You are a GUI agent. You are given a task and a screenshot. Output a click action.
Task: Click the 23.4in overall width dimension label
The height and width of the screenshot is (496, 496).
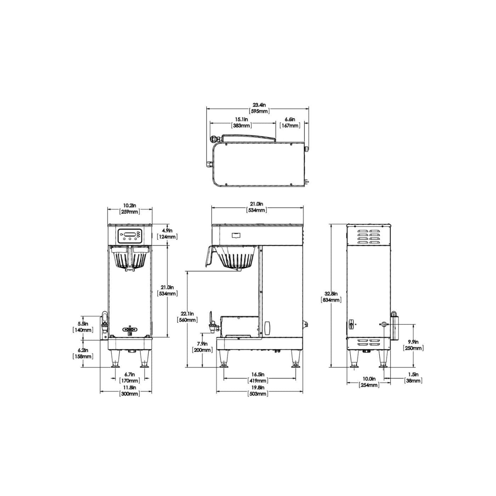(x=259, y=108)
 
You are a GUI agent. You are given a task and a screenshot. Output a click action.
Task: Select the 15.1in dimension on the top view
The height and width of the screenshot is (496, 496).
(x=241, y=123)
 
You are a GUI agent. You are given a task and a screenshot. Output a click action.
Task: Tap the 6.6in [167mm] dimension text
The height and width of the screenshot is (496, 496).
(x=290, y=123)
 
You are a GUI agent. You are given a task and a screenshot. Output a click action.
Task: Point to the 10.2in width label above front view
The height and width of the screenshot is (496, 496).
(x=130, y=208)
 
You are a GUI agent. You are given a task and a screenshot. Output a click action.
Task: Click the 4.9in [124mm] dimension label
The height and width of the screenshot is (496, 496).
(x=167, y=233)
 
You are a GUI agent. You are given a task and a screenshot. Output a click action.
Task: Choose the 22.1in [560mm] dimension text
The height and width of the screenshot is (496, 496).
(x=187, y=317)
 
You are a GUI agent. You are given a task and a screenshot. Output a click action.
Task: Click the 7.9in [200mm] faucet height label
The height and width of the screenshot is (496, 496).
(x=202, y=347)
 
